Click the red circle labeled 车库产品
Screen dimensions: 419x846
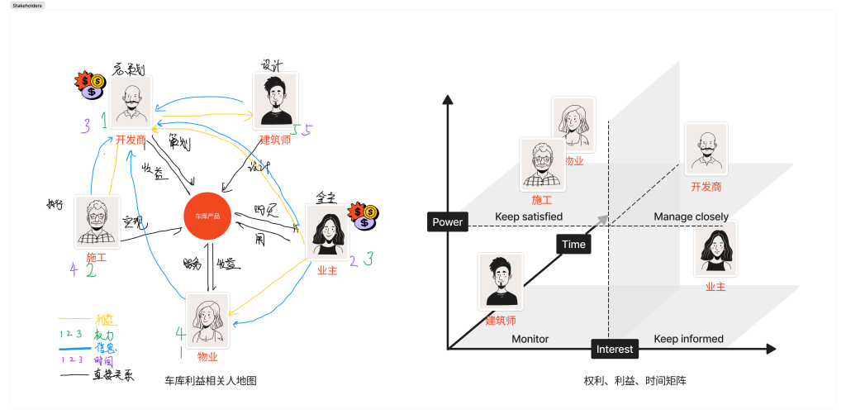pos(206,215)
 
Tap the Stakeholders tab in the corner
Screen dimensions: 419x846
pos(27,5)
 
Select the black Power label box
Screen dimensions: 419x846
pos(448,221)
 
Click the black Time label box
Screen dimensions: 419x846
pos(573,244)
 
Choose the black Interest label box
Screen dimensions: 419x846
pos(615,349)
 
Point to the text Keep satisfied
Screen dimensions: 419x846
pos(529,217)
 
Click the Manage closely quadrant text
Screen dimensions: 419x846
pos(692,217)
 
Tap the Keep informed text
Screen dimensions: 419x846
pos(688,339)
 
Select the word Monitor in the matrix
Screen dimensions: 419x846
pos(530,339)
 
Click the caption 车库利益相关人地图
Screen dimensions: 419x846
pos(211,380)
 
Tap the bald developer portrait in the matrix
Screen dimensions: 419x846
pos(706,149)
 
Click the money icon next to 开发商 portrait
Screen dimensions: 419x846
pos(90,84)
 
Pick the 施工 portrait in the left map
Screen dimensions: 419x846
pos(97,221)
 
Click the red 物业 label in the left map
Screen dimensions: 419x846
pos(207,356)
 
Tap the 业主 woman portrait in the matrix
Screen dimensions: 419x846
pos(715,249)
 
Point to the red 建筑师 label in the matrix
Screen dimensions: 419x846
pos(501,321)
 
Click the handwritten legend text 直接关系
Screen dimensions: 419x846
pos(114,375)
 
